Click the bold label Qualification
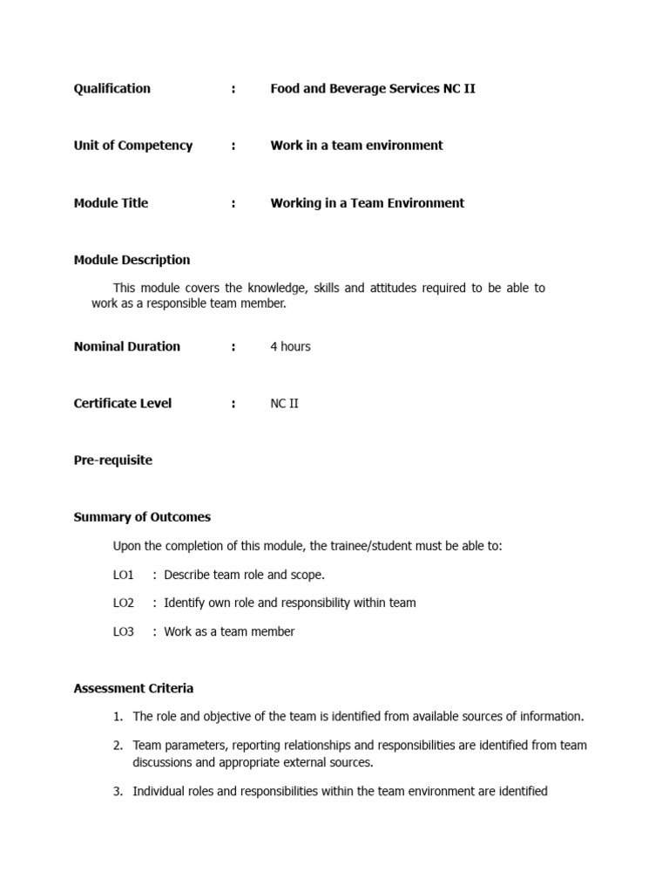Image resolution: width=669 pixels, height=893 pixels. tap(111, 88)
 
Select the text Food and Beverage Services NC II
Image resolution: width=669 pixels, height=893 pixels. tap(373, 88)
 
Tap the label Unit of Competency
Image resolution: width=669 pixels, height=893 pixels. tap(132, 146)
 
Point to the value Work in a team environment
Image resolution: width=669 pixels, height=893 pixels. tap(356, 146)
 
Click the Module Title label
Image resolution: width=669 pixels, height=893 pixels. tap(111, 203)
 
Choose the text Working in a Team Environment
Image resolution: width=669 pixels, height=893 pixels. tap(367, 203)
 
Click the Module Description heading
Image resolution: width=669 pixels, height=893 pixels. tap(132, 260)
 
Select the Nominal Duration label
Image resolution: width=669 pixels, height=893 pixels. tap(126, 346)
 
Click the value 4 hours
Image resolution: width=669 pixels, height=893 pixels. tap(290, 346)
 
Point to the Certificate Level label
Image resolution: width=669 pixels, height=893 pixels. tap(122, 403)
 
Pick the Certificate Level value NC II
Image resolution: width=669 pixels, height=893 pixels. tap(284, 403)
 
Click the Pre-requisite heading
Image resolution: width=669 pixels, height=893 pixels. tap(112, 460)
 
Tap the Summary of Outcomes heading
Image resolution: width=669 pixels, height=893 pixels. tap(142, 517)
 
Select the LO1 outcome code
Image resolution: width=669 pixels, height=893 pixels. tap(124, 575)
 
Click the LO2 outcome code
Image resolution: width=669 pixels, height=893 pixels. tap(124, 603)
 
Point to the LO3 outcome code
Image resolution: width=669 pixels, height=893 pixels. tap(124, 631)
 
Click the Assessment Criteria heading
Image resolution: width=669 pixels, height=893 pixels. tap(133, 688)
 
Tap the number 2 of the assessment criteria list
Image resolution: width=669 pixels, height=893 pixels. tap(118, 746)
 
